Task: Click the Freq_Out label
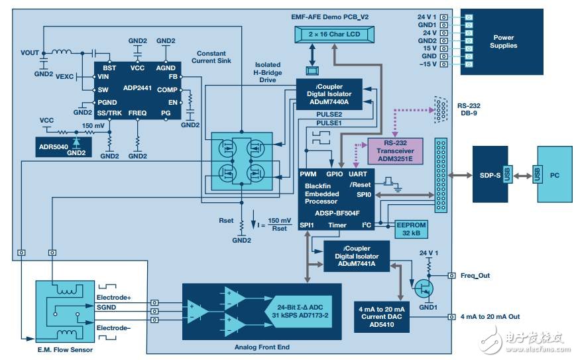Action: (x=475, y=274)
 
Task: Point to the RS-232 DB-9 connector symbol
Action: (x=438, y=108)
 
